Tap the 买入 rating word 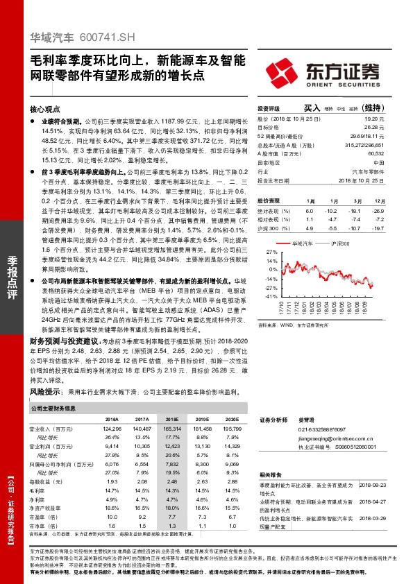click(x=312, y=109)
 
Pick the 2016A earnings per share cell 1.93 click(x=111, y=481)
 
